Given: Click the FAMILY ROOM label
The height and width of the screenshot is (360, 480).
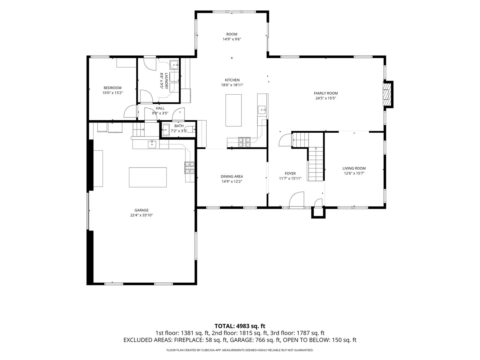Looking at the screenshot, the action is (326, 93).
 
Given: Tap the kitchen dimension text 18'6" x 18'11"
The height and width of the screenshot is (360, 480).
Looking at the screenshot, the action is (232, 85).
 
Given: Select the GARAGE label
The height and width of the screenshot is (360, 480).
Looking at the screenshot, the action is (142, 210).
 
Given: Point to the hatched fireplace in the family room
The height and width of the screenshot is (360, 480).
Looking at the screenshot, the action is (386, 94).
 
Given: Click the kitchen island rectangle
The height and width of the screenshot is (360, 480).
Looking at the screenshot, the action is (234, 110).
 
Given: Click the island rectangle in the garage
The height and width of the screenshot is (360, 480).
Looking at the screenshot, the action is (148, 177).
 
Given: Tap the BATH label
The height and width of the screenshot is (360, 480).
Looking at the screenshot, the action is (179, 126).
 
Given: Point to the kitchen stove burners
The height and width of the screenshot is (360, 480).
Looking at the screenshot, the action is (244, 142).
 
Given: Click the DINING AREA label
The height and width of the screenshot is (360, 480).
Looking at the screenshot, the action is (232, 176).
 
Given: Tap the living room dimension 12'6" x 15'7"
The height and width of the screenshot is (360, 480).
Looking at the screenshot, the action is (354, 173).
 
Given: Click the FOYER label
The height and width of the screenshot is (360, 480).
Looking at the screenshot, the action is (290, 173).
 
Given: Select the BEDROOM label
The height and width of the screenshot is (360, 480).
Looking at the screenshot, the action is (113, 88).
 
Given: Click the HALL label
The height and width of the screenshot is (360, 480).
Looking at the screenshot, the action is (160, 108).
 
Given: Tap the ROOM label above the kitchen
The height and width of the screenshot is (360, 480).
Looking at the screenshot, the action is (232, 34).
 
